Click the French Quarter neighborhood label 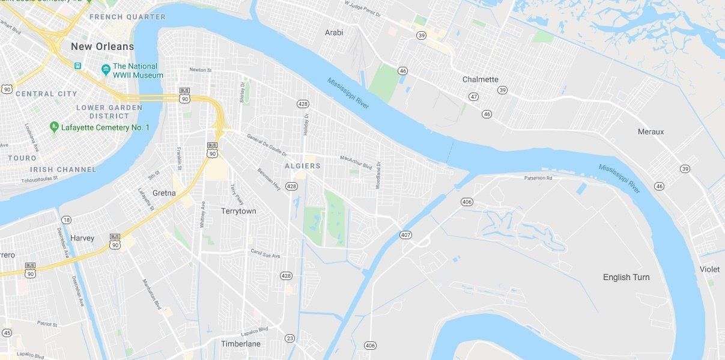(127, 17)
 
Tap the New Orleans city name (102, 46)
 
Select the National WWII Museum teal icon (106, 70)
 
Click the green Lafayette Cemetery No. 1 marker (53, 127)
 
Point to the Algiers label (303, 165)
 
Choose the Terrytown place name (238, 211)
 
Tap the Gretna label (164, 193)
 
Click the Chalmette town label (481, 79)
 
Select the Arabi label (334, 32)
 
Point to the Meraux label (651, 132)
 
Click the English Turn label (626, 277)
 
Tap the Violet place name (709, 269)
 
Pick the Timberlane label (240, 344)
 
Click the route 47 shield (474, 96)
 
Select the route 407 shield (406, 234)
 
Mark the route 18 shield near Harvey (66, 220)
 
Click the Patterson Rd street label (538, 178)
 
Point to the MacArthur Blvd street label (356, 162)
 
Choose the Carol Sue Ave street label (265, 254)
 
